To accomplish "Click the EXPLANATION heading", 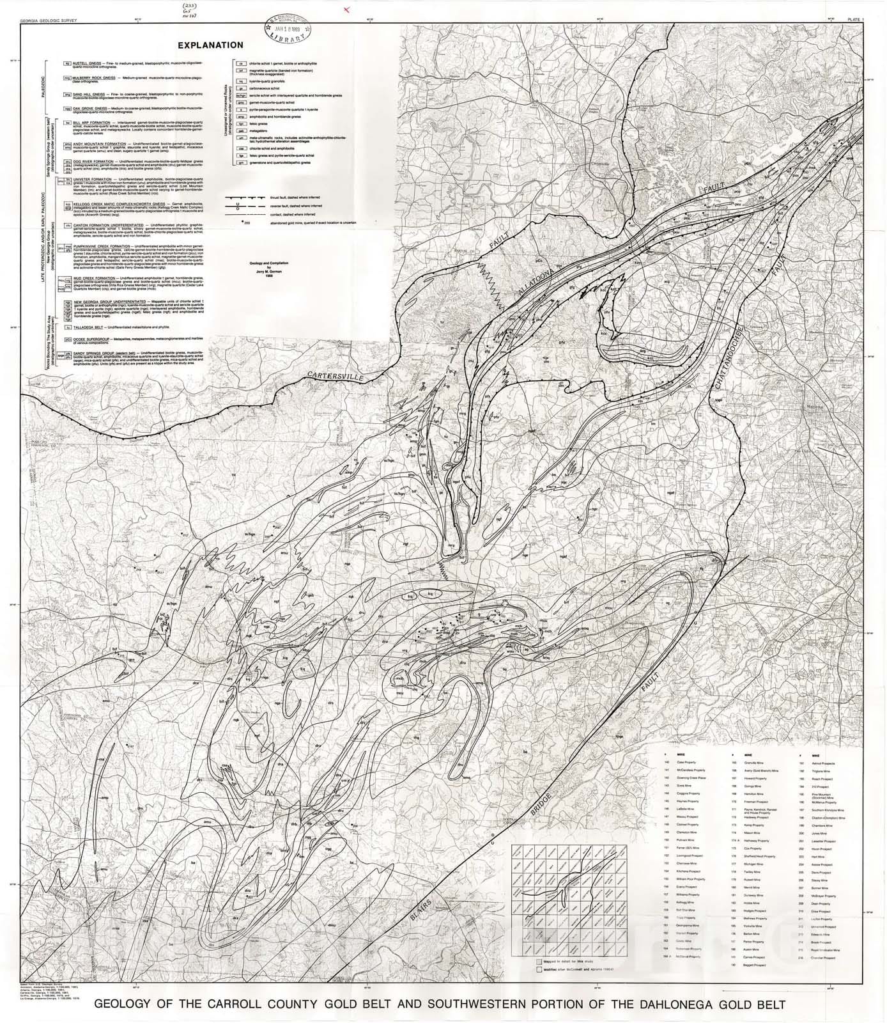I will pyautogui.click(x=210, y=45).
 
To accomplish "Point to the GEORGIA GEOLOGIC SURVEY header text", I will pyautogui.click(x=49, y=20).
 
